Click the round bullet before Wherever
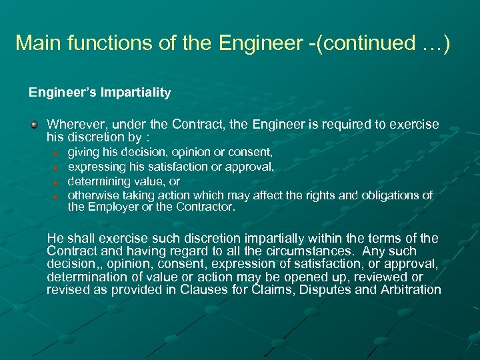click(x=34, y=125)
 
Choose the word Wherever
click(x=74, y=125)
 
